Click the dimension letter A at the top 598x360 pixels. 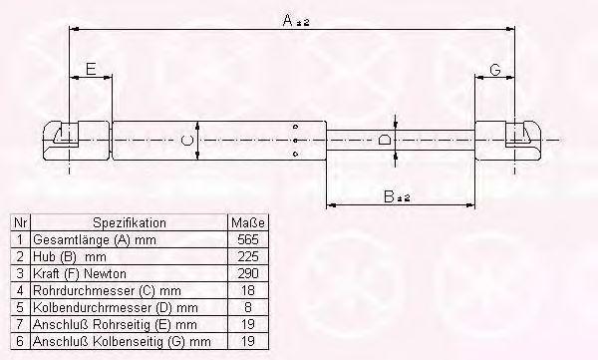(288, 20)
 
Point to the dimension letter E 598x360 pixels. (91, 69)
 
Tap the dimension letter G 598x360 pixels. (494, 70)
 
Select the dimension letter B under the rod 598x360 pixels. (389, 196)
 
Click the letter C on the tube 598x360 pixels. (187, 141)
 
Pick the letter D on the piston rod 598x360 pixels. (385, 140)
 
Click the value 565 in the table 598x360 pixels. (248, 239)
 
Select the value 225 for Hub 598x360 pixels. (248, 256)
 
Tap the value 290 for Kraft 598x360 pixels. (248, 273)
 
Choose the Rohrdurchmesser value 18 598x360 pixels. (248, 290)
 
